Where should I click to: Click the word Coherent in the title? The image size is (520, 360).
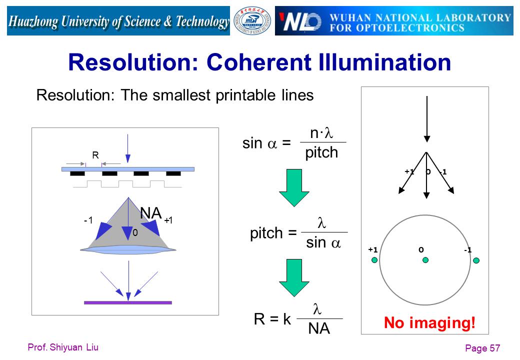click(x=259, y=62)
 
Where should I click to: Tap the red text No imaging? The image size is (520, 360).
click(x=429, y=322)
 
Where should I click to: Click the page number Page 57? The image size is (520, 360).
click(x=482, y=348)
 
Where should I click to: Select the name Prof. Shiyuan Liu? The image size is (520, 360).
click(x=63, y=347)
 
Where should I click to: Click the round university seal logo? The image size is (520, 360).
click(x=252, y=20)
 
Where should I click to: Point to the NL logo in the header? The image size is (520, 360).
click(x=300, y=22)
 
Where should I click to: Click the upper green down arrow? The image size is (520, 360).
click(x=294, y=188)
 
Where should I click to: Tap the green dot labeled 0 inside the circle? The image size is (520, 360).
click(x=425, y=260)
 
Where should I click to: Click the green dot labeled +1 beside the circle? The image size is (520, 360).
click(x=374, y=260)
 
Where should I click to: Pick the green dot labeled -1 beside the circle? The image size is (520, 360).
click(x=476, y=260)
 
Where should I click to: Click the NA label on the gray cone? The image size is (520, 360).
click(x=150, y=213)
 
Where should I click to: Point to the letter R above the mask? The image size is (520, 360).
click(x=95, y=155)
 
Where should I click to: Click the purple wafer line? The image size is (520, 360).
click(x=128, y=302)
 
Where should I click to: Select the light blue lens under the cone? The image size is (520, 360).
click(x=128, y=249)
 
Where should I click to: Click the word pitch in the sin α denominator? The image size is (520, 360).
click(x=321, y=153)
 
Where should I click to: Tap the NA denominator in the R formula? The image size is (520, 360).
click(x=319, y=328)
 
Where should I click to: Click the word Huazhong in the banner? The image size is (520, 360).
click(x=33, y=21)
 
